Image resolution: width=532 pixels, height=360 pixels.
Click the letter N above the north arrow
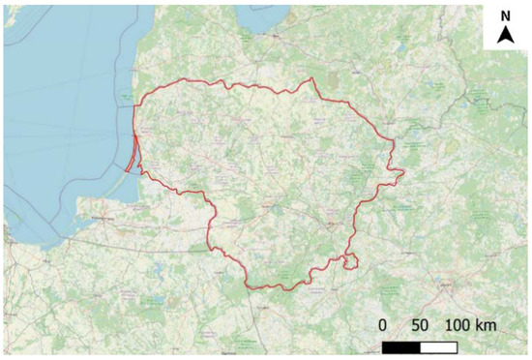(506, 16)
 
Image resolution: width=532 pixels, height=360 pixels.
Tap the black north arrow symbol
(506, 36)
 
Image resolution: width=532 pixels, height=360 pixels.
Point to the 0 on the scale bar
(384, 325)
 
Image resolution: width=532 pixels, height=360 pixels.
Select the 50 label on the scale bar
(420, 325)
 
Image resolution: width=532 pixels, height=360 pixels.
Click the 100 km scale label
(470, 325)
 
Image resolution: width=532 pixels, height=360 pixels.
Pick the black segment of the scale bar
(401, 345)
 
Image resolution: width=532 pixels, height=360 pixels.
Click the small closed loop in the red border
(350, 260)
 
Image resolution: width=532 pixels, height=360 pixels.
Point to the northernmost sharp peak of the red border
(310, 79)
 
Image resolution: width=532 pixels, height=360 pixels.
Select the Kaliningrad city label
(97, 221)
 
